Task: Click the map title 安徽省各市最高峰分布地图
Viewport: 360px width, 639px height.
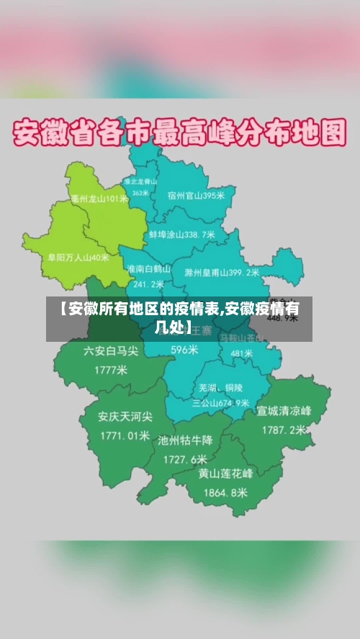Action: (180, 134)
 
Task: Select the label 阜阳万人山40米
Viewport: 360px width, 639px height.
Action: (78, 257)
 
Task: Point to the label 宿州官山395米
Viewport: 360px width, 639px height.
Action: (196, 195)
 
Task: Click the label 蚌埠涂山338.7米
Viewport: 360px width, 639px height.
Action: (182, 235)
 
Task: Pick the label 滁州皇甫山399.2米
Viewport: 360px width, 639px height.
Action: (222, 273)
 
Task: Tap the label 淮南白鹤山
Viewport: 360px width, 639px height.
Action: (148, 268)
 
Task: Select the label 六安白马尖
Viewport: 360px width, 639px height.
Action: (109, 351)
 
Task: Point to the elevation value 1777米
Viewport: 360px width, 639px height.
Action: (110, 371)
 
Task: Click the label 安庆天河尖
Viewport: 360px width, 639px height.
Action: (125, 416)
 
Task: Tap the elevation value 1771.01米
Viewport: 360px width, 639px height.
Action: (125, 435)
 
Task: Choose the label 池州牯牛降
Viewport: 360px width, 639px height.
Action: (186, 440)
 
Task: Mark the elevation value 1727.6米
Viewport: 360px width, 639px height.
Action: (185, 459)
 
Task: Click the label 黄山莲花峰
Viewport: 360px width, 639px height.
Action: (225, 473)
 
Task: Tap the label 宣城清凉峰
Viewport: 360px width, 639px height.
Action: (284, 411)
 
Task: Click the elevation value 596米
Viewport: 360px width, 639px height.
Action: (184, 350)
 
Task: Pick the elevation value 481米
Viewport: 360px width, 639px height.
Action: (241, 354)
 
